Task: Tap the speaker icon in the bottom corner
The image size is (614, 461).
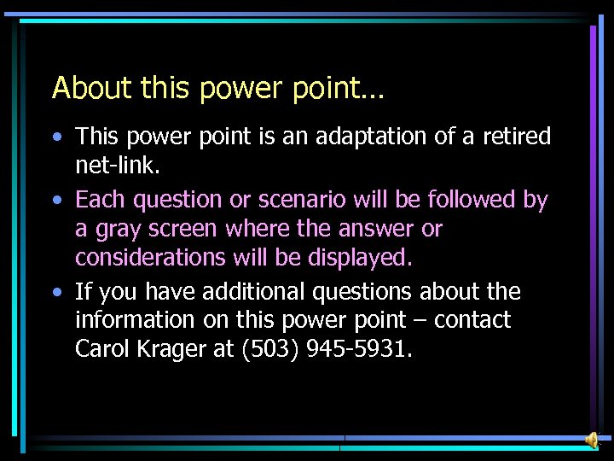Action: tap(591, 439)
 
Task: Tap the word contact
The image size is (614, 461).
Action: tap(470, 321)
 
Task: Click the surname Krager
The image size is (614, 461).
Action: tap(172, 349)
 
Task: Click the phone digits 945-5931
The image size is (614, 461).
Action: tap(362, 348)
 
